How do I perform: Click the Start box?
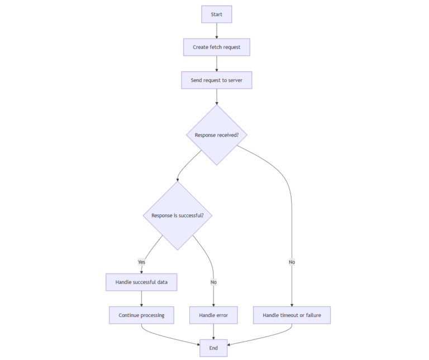216,14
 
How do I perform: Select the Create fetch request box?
216,47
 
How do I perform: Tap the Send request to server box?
216,80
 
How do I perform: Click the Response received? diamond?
216,135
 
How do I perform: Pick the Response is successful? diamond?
177,215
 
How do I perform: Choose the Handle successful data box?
141,282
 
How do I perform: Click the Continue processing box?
141,315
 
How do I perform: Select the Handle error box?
213,315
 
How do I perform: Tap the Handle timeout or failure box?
292,315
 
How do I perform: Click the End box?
213,348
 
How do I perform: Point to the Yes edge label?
141,262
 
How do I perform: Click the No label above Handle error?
213,282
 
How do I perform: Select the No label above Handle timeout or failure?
292,262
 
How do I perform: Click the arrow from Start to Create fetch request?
216,31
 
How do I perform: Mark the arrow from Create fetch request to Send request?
216,64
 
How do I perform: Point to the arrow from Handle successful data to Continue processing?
141,299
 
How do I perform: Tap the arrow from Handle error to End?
213,332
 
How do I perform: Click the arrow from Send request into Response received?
216,97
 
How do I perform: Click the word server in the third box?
235,80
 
